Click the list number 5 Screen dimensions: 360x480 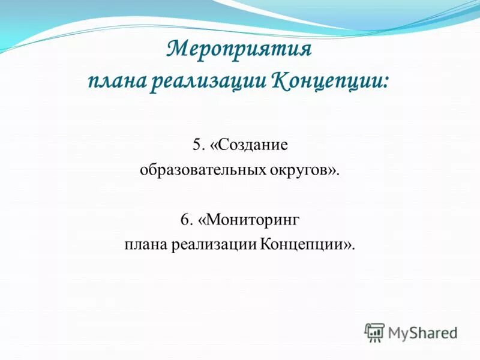click(x=197, y=145)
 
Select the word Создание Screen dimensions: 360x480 click(x=253, y=145)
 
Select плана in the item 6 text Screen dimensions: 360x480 click(x=146, y=245)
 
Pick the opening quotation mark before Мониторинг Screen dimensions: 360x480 click(x=202, y=221)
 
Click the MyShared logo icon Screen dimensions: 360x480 click(x=374, y=332)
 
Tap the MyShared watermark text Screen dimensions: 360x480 click(x=422, y=332)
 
